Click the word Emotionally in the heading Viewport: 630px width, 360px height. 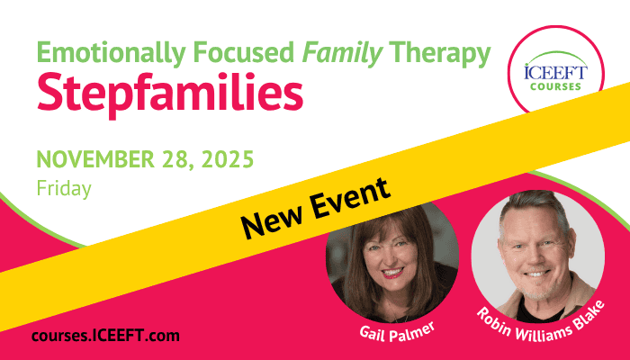(112, 53)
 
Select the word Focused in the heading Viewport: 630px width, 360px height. (244, 52)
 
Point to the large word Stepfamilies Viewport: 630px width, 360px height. (170, 94)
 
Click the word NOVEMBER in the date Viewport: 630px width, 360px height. (95, 158)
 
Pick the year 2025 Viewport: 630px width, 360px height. (228, 158)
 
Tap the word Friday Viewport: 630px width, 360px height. (64, 189)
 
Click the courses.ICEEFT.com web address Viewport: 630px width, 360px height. (105, 336)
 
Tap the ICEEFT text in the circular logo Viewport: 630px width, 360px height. (555, 72)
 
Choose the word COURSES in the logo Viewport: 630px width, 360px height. (555, 86)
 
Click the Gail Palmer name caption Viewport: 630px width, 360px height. (397, 332)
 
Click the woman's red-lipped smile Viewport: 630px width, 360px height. (393, 274)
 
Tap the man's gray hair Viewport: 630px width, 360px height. (535, 205)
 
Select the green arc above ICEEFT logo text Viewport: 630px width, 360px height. (556, 53)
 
